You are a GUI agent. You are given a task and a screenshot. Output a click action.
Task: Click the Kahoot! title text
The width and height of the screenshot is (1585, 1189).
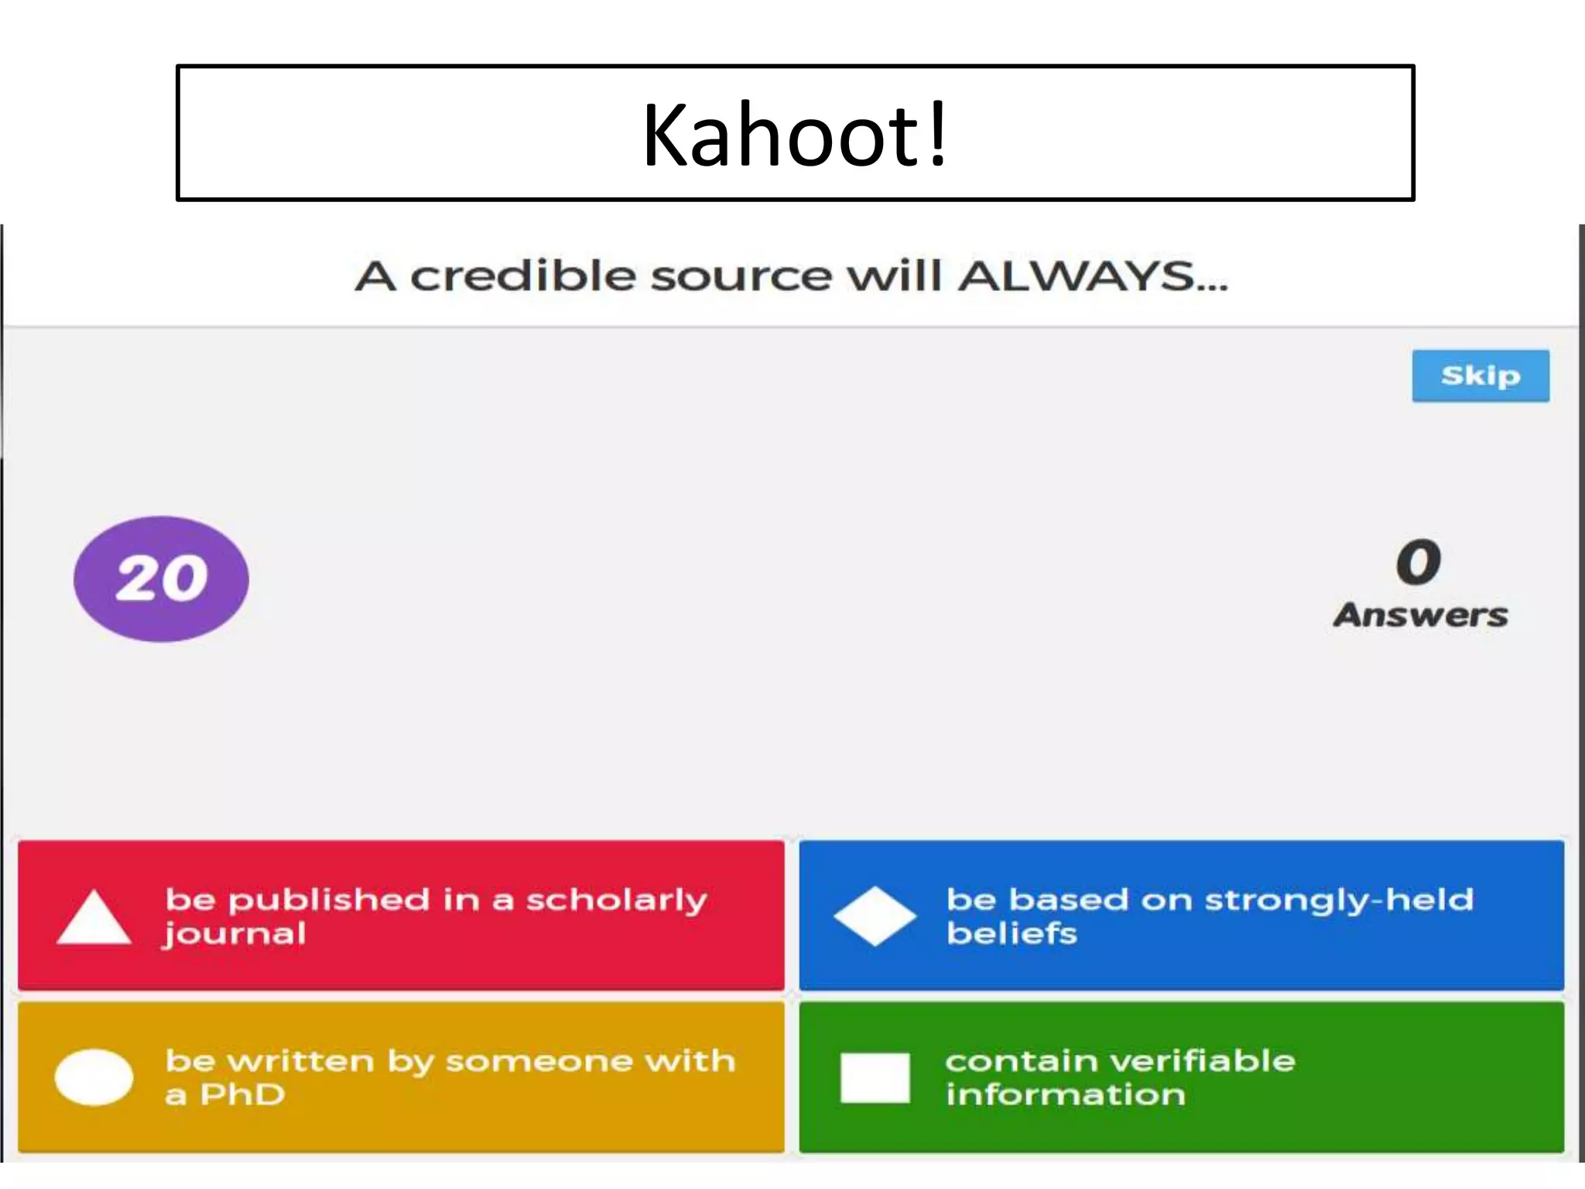tap(795, 135)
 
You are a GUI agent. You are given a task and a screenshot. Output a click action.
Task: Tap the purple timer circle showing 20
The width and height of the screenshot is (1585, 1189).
tap(161, 579)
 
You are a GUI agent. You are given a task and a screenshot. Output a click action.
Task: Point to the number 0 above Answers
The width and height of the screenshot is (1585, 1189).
tap(1419, 563)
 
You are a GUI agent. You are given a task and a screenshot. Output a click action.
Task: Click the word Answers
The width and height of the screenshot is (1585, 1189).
tap(1420, 615)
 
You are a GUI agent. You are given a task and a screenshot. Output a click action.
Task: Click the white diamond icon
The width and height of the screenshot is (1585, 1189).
tap(875, 917)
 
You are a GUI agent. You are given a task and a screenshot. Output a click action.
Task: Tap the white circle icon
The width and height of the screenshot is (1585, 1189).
tap(94, 1077)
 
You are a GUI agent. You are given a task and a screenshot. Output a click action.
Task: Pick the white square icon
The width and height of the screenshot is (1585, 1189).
tap(875, 1078)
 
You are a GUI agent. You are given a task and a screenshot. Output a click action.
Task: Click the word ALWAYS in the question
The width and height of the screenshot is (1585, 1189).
tap(1077, 276)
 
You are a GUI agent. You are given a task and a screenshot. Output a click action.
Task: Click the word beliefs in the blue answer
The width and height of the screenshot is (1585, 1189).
tap(1012, 934)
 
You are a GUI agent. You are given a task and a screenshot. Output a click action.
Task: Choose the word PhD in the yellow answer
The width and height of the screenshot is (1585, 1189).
tap(242, 1095)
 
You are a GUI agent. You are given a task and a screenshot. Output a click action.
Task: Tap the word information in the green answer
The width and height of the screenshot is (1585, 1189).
tap(1065, 1095)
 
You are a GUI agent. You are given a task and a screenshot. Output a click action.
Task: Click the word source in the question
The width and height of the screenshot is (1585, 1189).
tap(741, 276)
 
